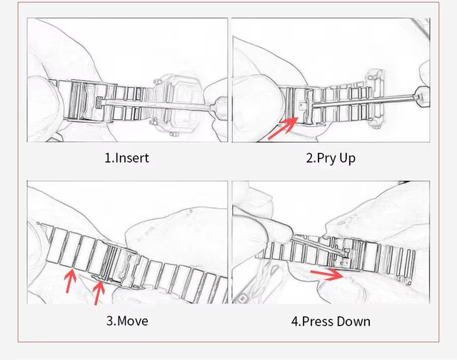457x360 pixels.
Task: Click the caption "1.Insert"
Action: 127,158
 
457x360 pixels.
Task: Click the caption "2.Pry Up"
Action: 331,159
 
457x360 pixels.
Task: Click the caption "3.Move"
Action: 127,321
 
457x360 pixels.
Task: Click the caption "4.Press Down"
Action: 331,321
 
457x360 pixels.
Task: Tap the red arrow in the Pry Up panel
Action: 283,129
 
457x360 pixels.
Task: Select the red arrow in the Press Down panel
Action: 327,274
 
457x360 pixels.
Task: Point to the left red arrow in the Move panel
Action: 70,281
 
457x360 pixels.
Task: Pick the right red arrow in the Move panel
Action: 99,292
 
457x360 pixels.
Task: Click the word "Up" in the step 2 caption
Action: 348,159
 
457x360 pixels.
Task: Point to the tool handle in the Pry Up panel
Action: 422,96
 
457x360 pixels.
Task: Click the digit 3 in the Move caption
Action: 109,321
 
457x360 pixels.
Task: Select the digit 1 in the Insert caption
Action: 107,159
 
